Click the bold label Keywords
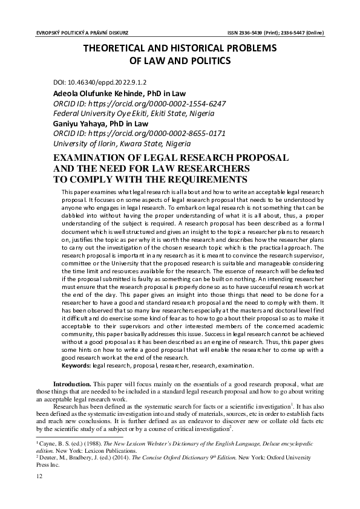tap(76, 365)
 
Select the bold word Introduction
tap(72, 384)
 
